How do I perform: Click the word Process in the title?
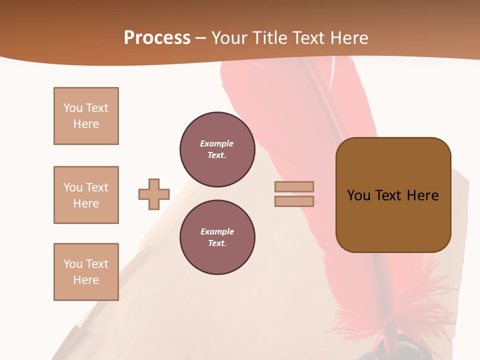pos(157,38)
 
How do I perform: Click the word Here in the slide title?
pos(347,38)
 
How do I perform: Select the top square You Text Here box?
pos(86,116)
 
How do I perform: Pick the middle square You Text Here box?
pos(86,195)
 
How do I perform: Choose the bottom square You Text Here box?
pos(86,272)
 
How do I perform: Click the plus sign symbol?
pos(154,194)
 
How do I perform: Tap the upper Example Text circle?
pos(217,149)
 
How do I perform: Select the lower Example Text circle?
pos(217,237)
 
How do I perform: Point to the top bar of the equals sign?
pos(294,186)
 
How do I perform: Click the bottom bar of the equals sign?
pos(294,201)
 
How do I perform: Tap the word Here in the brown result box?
pos(423,195)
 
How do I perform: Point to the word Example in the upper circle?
pos(216,144)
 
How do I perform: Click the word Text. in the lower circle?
pos(217,243)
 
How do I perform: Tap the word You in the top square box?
pos(73,108)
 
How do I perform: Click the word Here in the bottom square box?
pos(86,280)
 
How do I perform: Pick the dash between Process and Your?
pos(200,38)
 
